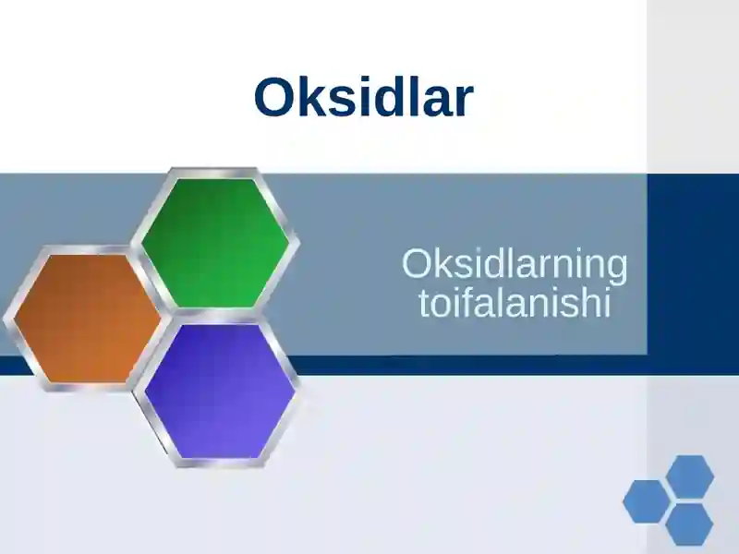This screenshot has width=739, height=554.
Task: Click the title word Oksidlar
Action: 363,97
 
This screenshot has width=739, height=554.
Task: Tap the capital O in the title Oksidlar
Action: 274,98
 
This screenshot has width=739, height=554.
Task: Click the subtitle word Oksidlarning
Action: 515,266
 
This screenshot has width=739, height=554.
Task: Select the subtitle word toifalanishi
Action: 515,304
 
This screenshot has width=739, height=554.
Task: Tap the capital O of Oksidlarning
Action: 417,265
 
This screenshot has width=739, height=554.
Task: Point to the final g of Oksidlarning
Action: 616,270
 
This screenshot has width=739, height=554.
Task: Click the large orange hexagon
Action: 86,317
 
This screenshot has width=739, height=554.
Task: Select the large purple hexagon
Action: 220,391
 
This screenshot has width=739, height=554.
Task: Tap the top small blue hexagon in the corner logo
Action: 690,476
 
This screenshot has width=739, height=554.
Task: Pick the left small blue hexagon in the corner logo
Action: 646,501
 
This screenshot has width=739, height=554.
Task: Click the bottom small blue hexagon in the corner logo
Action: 689,524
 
